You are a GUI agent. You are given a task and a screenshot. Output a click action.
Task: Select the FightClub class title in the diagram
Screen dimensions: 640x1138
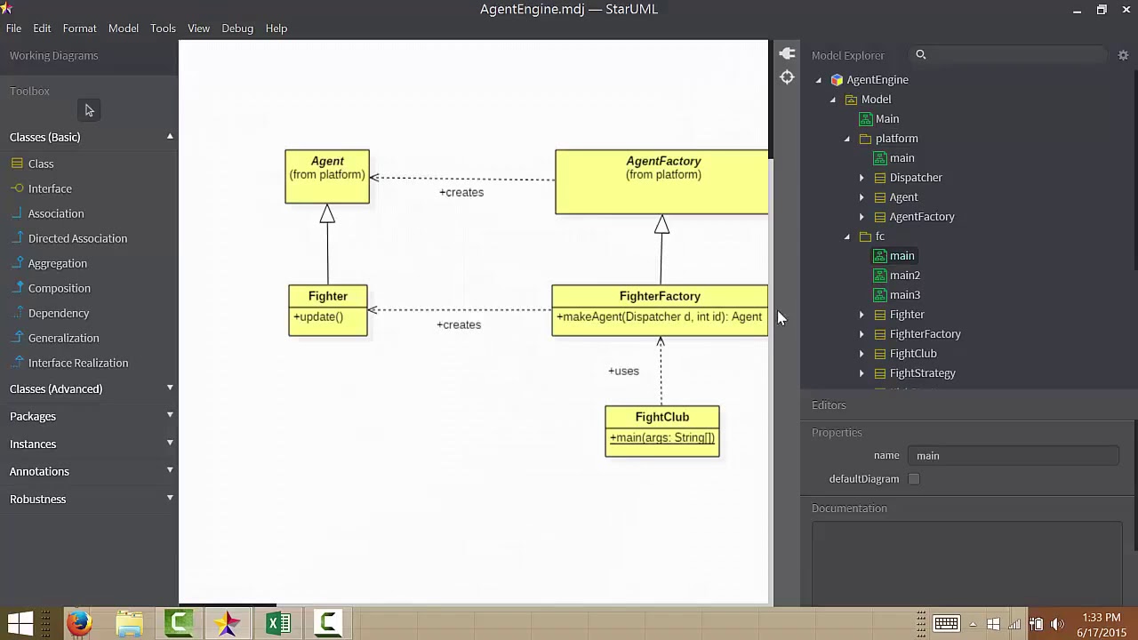pos(661,417)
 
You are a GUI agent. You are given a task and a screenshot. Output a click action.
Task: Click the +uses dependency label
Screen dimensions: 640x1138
pos(623,371)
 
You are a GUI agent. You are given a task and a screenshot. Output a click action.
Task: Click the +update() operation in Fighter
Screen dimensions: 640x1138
pos(318,317)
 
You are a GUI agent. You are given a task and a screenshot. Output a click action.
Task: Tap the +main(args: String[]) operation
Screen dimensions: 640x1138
pos(662,438)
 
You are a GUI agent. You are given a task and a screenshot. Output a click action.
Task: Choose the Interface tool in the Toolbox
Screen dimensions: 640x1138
pos(50,188)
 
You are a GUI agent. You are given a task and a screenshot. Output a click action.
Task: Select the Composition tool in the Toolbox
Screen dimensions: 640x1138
pos(59,288)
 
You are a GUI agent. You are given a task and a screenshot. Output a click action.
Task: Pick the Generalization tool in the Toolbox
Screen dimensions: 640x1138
pos(63,338)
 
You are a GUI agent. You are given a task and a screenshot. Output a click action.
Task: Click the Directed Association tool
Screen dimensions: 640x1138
pos(77,238)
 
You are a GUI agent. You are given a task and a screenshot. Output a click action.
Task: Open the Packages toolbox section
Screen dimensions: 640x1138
pos(33,416)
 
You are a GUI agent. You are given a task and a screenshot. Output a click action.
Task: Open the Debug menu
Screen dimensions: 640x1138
pos(237,28)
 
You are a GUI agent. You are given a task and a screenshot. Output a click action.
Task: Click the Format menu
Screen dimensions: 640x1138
pos(79,28)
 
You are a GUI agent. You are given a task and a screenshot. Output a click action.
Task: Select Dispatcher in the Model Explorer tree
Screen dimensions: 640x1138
pos(916,178)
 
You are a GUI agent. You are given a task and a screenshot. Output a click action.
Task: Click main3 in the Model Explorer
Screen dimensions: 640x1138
pos(904,295)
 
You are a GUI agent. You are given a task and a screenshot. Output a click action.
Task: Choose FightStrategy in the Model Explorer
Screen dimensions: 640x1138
pos(922,373)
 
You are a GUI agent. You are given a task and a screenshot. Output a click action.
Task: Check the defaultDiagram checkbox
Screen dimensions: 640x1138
pos(914,479)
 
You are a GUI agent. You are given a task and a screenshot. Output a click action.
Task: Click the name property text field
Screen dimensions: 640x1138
pos(1013,456)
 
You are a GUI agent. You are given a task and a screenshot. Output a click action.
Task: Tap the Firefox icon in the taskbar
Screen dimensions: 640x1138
pos(79,623)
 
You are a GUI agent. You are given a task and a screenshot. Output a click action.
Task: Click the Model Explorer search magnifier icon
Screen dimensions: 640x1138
pos(921,55)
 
